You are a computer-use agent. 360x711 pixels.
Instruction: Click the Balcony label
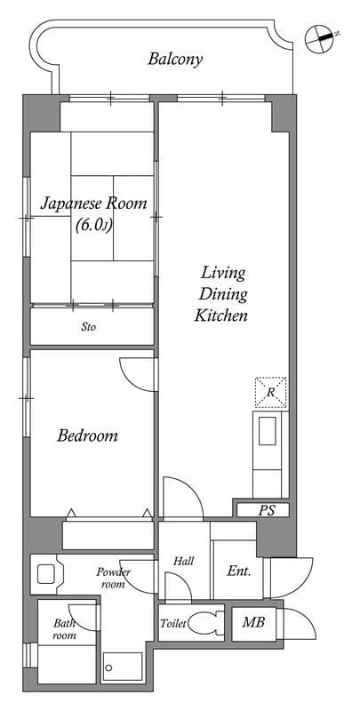pos(175,60)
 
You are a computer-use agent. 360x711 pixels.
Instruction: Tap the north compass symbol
pos(320,38)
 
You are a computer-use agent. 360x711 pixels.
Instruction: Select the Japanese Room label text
pos(94,204)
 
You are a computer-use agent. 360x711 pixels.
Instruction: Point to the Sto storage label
pos(89,326)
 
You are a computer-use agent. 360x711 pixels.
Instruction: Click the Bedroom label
pos(87,436)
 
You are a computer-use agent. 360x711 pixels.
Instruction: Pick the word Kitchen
pos(221,316)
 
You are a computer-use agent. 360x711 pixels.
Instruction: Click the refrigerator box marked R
pos(271,392)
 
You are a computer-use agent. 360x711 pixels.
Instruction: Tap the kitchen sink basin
pos(267,431)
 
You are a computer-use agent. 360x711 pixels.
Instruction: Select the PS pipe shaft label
pos(267,510)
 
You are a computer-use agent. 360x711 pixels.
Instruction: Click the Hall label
pos(184,561)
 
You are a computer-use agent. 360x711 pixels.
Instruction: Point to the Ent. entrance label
pos(238,571)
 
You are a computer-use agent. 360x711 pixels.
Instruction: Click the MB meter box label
pos(253,622)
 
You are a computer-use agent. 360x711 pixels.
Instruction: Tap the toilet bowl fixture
pos(205,624)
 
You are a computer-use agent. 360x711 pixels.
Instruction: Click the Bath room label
pos(64,629)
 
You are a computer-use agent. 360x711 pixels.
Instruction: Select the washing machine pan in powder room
pos(47,574)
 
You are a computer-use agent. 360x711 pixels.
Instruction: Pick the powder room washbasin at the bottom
pos(123,667)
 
